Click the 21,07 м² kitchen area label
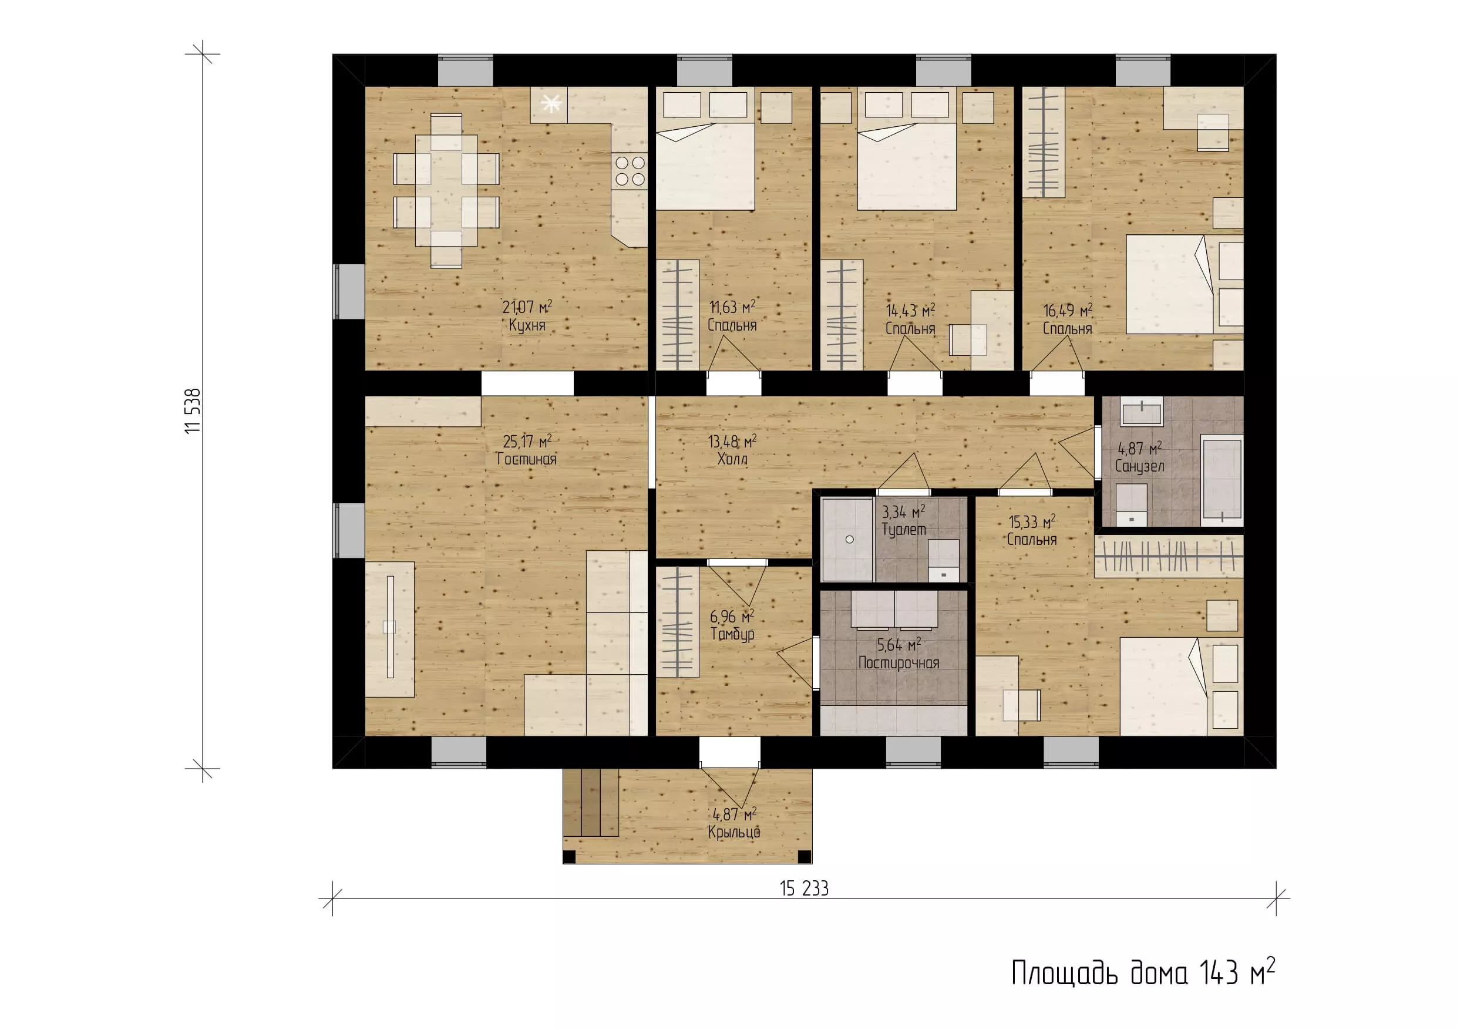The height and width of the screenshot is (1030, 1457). [527, 308]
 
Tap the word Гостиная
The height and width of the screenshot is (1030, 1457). [526, 459]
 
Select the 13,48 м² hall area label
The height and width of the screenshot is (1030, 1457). [732, 442]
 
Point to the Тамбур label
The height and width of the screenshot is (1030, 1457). [732, 634]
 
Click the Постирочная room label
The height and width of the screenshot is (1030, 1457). [899, 663]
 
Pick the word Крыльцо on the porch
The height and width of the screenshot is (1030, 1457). [733, 832]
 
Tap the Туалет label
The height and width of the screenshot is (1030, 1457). [904, 529]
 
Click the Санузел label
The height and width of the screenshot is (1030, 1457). [1140, 466]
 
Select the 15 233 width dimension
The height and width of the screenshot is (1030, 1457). [804, 888]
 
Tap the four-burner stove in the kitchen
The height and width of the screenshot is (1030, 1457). [630, 171]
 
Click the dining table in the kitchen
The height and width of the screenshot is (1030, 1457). [446, 190]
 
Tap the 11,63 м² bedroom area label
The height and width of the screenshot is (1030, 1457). [732, 308]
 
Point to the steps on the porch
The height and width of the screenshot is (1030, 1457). [591, 803]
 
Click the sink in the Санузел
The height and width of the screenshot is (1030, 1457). [1141, 411]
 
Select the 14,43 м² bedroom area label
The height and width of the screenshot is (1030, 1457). [911, 311]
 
